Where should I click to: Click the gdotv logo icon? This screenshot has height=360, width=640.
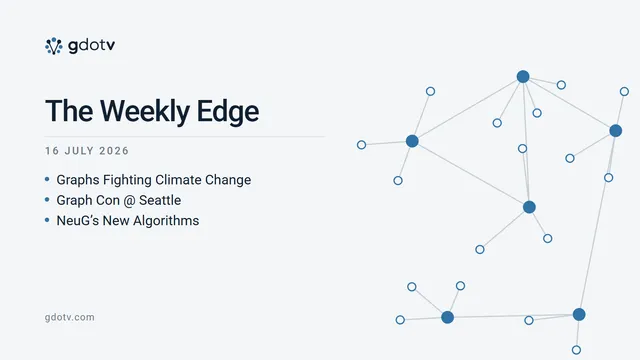coord(53,46)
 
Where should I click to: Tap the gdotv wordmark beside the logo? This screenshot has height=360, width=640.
coord(91,46)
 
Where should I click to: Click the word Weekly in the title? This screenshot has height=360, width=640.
coord(145,111)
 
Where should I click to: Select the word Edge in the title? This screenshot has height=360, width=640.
coord(228,111)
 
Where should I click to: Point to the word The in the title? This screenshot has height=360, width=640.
coord(69,111)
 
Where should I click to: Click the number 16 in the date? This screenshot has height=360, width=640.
coord(52,151)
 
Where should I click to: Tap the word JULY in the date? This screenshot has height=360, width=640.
coord(79,151)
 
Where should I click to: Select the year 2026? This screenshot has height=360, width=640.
coord(114,151)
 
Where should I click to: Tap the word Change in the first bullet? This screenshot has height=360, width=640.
coord(228,180)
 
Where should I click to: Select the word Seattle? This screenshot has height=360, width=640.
coord(160,200)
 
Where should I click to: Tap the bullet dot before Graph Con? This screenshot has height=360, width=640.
coord(47,200)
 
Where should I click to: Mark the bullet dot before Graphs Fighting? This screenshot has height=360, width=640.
coord(47,179)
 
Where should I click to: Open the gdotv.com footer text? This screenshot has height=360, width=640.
coord(70,318)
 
